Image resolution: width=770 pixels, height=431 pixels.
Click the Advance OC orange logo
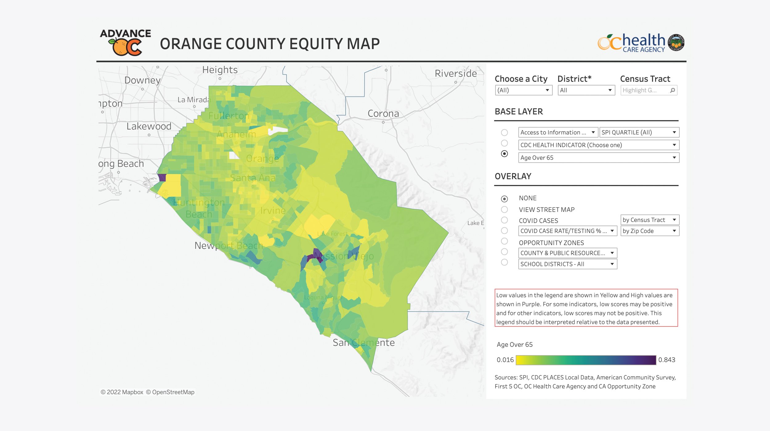pyautogui.click(x=126, y=43)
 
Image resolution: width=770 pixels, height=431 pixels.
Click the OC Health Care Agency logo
pyautogui.click(x=641, y=42)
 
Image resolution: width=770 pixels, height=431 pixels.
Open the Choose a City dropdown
pyautogui.click(x=523, y=90)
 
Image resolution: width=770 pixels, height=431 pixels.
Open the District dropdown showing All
pyautogui.click(x=586, y=90)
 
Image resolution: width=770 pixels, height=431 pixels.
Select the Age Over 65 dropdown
pyautogui.click(x=598, y=158)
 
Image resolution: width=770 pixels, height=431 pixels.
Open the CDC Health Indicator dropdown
pyautogui.click(x=598, y=145)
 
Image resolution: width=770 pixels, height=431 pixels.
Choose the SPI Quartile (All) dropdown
pyautogui.click(x=639, y=132)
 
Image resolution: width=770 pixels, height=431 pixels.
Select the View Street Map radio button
pyautogui.click(x=504, y=210)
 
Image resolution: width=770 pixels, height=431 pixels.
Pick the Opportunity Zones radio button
pyautogui.click(x=504, y=241)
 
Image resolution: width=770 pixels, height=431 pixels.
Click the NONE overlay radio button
pyautogui.click(x=504, y=199)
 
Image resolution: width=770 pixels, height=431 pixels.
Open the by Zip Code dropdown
pyautogui.click(x=649, y=231)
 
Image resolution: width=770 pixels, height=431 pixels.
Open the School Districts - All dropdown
pyautogui.click(x=567, y=264)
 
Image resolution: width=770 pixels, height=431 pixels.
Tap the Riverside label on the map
pyautogui.click(x=456, y=73)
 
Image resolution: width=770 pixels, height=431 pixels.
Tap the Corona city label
pyautogui.click(x=383, y=113)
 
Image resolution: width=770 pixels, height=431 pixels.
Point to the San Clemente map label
pyautogui.click(x=363, y=342)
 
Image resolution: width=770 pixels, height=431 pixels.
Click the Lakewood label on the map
pyautogui.click(x=149, y=126)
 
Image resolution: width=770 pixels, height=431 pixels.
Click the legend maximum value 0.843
pyautogui.click(x=667, y=360)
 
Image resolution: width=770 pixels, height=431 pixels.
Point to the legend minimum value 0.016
pyautogui.click(x=505, y=360)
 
